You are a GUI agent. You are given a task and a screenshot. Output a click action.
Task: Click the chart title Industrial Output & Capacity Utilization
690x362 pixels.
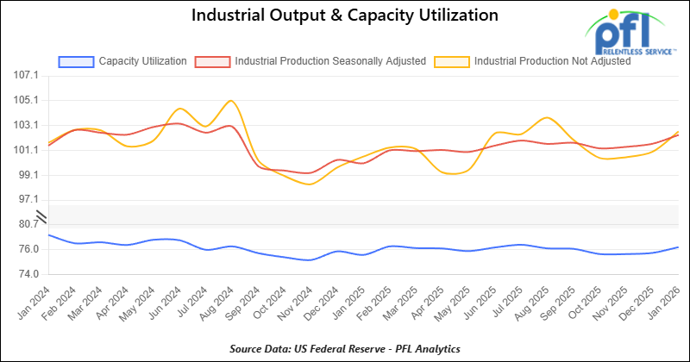pyautogui.click(x=345, y=16)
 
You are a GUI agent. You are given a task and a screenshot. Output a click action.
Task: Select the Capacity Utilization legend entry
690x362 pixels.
pyautogui.click(x=143, y=61)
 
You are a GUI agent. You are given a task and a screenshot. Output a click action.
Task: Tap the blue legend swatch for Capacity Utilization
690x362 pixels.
pyautogui.click(x=75, y=61)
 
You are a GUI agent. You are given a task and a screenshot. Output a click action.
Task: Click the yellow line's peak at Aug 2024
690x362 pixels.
pyautogui.click(x=230, y=101)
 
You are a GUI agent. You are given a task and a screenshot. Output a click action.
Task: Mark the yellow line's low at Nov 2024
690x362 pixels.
pyautogui.click(x=310, y=184)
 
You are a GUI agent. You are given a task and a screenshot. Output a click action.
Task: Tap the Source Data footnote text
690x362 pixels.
pyautogui.click(x=345, y=348)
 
